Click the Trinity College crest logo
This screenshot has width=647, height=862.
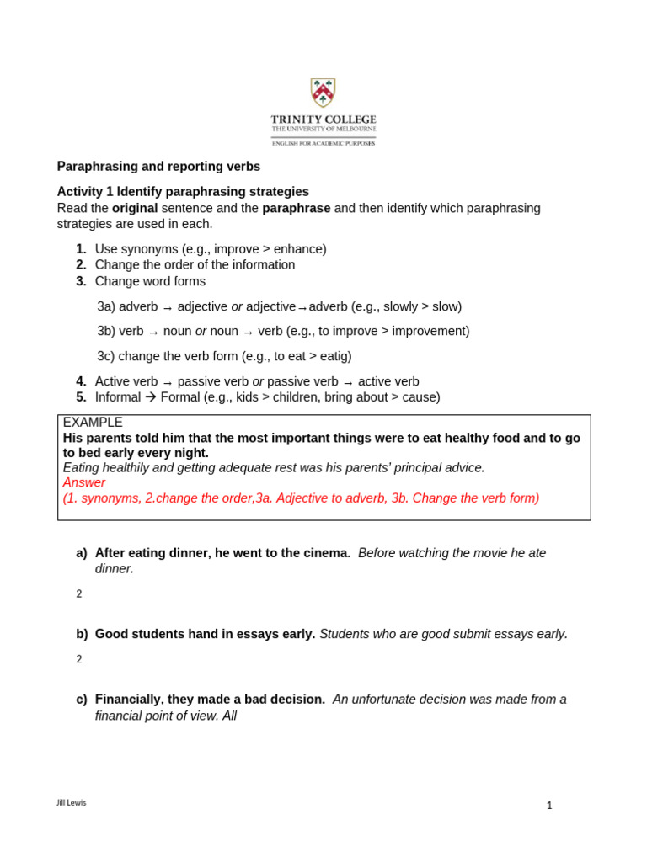point(323,93)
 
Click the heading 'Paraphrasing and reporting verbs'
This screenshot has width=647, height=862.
point(158,167)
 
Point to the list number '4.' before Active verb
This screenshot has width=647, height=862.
point(81,381)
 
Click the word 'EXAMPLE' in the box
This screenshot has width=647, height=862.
point(93,423)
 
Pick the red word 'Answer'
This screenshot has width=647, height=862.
point(84,482)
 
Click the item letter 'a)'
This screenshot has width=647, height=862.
point(82,553)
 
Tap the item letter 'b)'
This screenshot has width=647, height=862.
point(82,634)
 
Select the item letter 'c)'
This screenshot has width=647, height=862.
point(82,700)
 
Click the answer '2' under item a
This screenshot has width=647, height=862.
point(79,594)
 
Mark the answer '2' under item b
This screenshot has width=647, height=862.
point(79,659)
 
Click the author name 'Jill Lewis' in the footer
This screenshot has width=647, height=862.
point(71,803)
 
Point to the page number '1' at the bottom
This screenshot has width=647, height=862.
point(549,806)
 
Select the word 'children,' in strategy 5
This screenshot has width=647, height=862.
point(280,397)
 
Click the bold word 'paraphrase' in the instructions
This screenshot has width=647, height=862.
point(296,208)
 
